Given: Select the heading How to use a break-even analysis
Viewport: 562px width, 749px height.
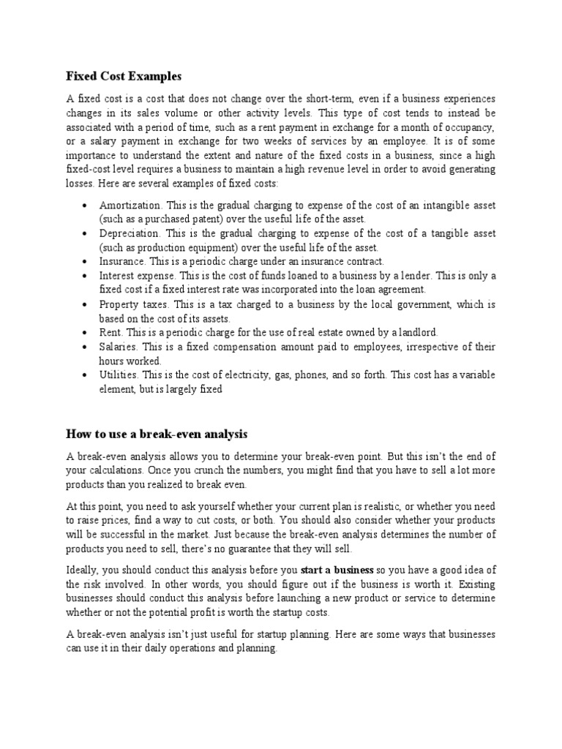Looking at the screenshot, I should tap(157, 433).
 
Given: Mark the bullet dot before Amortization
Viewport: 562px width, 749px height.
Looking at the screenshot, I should tap(87, 206).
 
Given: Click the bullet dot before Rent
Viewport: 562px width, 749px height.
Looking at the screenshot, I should tap(87, 333).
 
